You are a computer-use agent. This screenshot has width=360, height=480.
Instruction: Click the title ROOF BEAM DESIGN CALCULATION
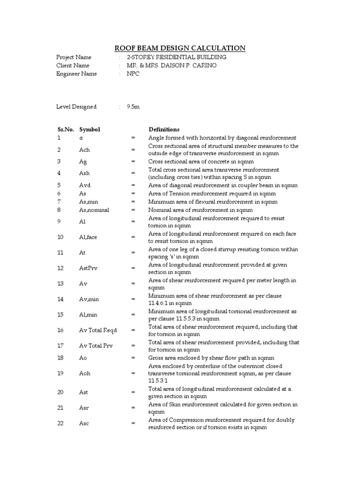[x=180, y=48]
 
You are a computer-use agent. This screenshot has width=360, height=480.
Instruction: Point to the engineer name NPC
[x=133, y=74]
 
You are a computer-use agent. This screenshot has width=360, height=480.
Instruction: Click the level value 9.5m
[x=133, y=106]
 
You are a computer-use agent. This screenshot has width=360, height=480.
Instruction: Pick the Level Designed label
[x=76, y=106]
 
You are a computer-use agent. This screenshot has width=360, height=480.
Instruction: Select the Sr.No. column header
[x=66, y=129]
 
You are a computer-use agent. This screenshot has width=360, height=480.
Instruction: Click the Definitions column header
[x=164, y=129]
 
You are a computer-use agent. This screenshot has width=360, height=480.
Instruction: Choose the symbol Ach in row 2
[x=84, y=150]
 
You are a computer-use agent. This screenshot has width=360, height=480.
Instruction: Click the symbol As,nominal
[x=94, y=210]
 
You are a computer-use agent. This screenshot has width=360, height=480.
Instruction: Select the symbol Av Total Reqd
[x=97, y=330]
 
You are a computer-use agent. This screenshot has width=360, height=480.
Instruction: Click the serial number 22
[x=60, y=423]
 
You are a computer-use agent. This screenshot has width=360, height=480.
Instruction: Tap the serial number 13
[x=60, y=284]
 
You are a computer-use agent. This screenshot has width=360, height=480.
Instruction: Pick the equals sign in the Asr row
[x=133, y=408]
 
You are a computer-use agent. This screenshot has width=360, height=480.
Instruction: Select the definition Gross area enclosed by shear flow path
[x=211, y=358]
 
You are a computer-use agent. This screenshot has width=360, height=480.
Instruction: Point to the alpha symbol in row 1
[x=81, y=138]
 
